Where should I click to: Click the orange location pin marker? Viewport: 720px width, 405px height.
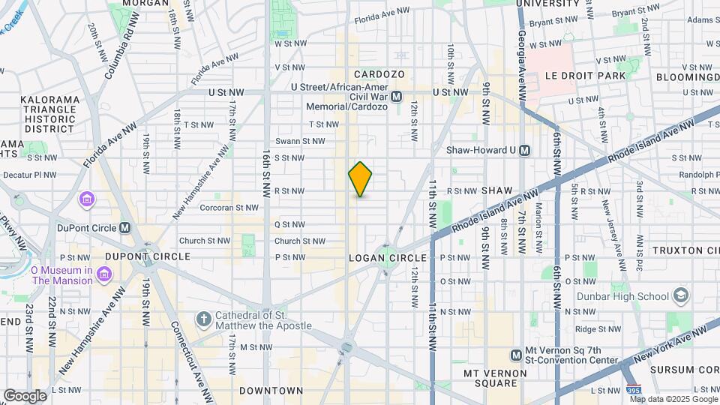[360, 178]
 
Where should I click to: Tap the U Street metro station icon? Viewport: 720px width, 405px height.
[397, 96]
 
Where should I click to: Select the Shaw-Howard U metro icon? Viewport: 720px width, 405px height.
[524, 150]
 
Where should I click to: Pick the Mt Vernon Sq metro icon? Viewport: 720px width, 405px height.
[516, 355]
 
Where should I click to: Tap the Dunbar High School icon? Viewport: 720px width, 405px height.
[681, 295]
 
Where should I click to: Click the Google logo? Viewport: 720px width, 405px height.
[25, 396]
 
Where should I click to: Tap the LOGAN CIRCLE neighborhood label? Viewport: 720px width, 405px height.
[387, 258]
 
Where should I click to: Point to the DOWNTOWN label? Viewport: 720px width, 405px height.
[271, 391]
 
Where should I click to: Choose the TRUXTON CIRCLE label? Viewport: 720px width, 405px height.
[685, 250]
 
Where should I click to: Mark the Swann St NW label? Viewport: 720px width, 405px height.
[299, 141]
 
